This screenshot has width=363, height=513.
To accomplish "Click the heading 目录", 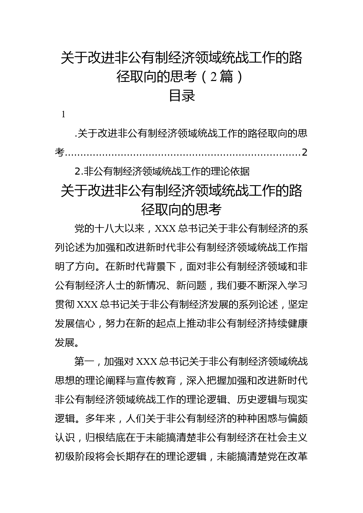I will (x=182, y=96).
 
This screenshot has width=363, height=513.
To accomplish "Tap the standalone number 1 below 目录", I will (x=63, y=115).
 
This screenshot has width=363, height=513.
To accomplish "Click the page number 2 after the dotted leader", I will (x=304, y=152).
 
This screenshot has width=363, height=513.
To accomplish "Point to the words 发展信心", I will (x=75, y=323).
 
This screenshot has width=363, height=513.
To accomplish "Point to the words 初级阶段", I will (x=75, y=457).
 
